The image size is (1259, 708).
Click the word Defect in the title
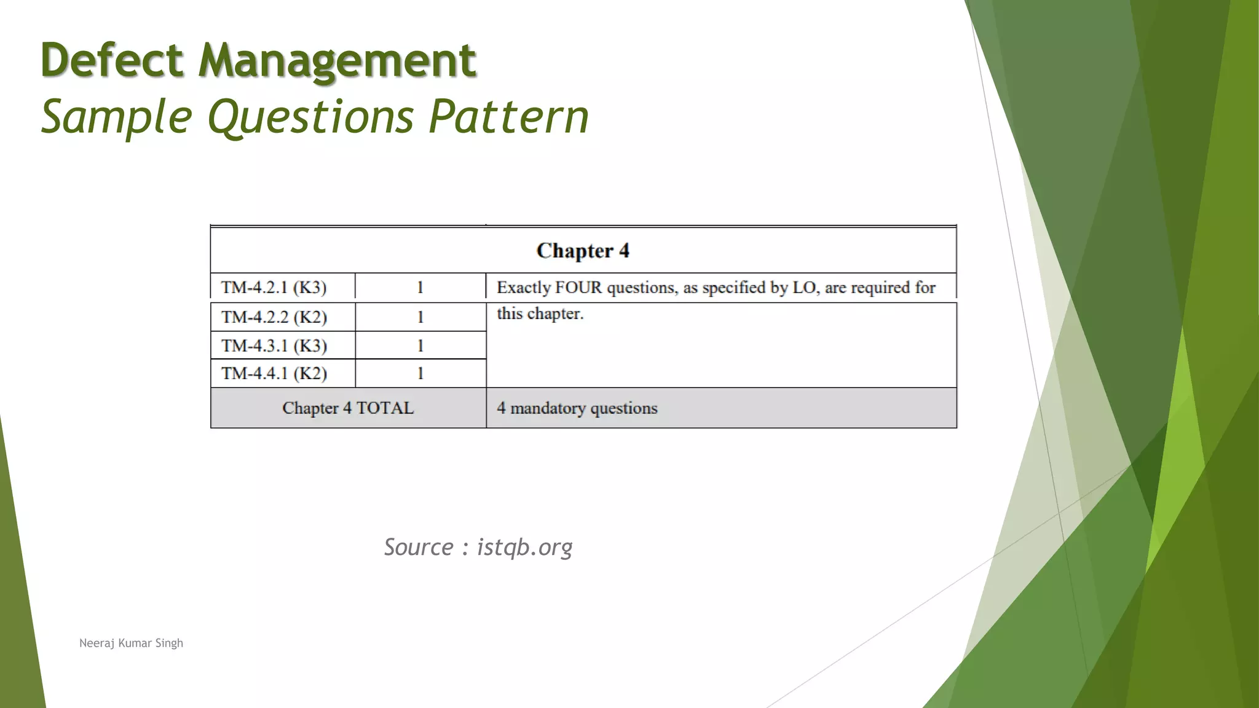coord(112,60)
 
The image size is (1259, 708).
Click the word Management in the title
coord(337,60)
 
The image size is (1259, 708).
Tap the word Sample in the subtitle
coord(117,117)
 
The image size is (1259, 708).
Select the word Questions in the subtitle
coord(310,117)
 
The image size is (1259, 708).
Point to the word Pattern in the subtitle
coord(508,117)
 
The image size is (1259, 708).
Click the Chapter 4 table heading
coord(583,251)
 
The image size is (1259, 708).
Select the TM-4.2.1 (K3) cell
coord(274,288)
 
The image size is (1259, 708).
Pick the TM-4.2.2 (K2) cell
coord(274,317)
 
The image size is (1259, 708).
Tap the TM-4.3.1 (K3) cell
coord(274,346)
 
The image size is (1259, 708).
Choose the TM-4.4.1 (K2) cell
coord(274,374)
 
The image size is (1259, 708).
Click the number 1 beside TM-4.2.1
coord(420,288)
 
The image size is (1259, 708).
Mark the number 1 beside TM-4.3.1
coord(420,346)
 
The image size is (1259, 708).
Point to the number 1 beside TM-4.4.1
coord(420,374)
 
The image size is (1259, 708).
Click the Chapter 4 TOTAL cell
coord(348,408)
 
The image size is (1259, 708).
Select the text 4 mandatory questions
coord(577,408)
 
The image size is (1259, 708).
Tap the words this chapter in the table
coord(540,313)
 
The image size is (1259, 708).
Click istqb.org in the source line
coord(524,547)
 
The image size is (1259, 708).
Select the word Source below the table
coord(419,547)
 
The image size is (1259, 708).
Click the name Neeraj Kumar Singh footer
coord(131,643)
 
